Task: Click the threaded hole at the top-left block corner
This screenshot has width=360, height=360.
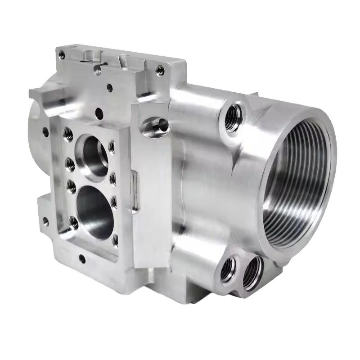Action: (62, 55)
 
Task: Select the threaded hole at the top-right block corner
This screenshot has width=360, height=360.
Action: (160, 70)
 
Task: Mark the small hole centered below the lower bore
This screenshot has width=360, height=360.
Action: (82, 259)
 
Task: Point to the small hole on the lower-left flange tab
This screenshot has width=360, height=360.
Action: (45, 221)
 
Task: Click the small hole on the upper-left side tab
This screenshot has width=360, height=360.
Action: (45, 132)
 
